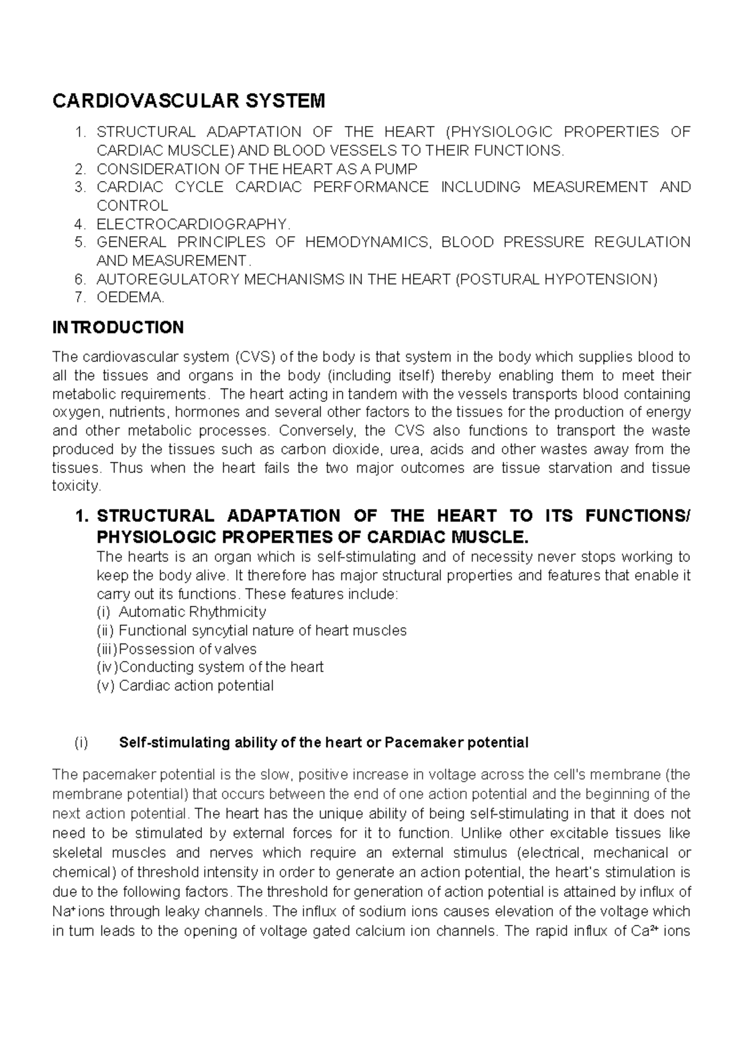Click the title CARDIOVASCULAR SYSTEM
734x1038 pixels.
pos(189,100)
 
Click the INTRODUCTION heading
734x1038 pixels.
pos(118,328)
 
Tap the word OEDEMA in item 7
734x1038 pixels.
pos(130,298)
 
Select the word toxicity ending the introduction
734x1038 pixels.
pos(75,486)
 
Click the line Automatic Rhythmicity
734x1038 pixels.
pos(192,612)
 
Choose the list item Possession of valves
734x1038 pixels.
pos(187,648)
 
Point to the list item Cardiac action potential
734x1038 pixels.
pos(196,685)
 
